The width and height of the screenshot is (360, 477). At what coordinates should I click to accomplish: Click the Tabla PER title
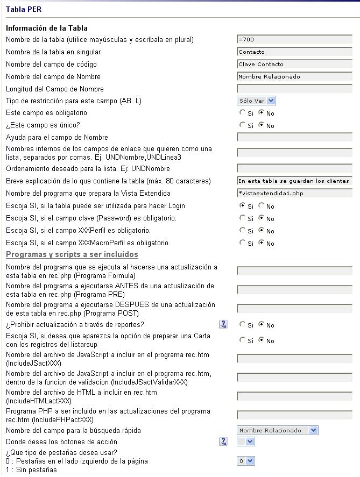coord(23,9)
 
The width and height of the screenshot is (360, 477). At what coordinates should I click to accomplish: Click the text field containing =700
coord(294,40)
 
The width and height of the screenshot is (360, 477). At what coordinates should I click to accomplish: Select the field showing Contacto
coord(294,52)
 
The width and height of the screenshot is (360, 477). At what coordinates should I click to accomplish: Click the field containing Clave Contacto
coord(294,65)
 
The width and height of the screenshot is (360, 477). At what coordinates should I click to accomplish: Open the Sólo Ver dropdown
coord(257,101)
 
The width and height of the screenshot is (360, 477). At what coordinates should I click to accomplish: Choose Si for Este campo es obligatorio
coord(242,113)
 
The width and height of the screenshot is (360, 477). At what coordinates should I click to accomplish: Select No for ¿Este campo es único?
coord(262,125)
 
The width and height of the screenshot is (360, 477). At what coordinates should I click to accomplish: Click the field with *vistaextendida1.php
coord(294,193)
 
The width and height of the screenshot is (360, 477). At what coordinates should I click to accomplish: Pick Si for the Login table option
coord(242,205)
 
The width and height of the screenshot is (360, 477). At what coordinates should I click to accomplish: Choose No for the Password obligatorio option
coord(262,218)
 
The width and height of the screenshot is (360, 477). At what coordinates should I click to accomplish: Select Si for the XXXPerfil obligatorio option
coord(242,231)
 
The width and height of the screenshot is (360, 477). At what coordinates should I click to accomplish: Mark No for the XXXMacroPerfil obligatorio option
coord(262,243)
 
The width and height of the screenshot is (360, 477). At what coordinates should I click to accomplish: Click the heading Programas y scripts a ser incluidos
coord(72,254)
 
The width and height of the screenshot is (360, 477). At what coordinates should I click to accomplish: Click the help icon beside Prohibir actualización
coord(223,324)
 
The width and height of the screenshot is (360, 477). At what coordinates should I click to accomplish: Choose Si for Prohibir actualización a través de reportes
coord(242,325)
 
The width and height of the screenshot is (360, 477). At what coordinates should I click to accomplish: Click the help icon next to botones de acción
coord(223,442)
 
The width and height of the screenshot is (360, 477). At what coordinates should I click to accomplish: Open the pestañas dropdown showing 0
coord(246,461)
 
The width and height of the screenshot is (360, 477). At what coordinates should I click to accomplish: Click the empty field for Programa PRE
coord(294,290)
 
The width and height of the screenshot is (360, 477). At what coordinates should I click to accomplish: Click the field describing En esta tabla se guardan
coord(294,181)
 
